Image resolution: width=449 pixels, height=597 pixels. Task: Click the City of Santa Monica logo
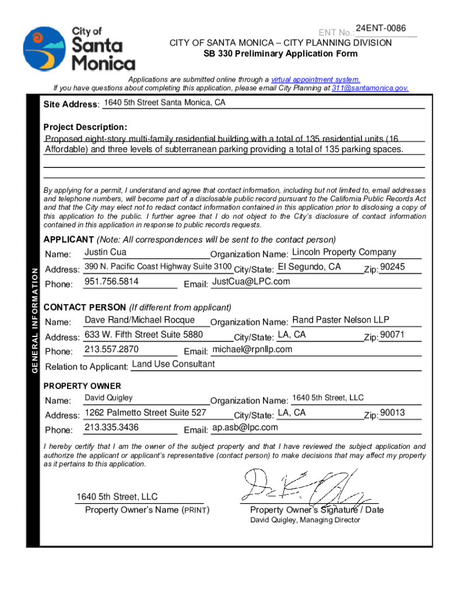click(79, 48)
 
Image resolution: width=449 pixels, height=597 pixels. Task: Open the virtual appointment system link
click(315, 80)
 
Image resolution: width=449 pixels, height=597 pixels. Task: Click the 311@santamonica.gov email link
click(370, 89)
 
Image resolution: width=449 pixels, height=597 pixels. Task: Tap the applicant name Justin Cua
click(106, 252)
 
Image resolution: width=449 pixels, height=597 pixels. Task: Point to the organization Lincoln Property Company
click(343, 252)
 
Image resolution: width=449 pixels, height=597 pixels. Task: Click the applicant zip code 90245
click(392, 267)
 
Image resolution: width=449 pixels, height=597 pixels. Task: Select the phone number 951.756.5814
click(111, 282)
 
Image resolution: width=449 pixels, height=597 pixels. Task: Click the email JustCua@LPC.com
click(250, 282)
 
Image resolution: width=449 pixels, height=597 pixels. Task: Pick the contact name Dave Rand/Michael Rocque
click(140, 320)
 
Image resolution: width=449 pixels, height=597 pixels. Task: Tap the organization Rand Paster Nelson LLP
click(341, 320)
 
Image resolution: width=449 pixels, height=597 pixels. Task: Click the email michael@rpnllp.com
click(252, 349)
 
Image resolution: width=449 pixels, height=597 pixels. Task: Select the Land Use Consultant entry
click(173, 364)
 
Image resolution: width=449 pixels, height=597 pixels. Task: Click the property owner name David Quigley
click(109, 398)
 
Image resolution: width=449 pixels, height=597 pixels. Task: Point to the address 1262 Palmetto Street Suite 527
click(146, 413)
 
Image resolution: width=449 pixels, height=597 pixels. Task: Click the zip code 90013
click(392, 413)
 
